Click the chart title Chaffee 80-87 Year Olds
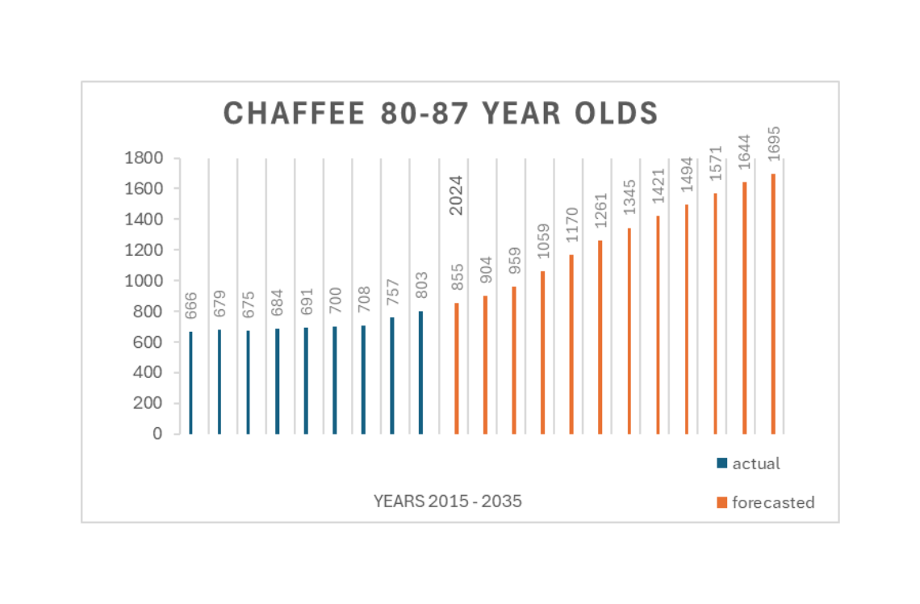pos(441,114)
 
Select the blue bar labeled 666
pos(190,383)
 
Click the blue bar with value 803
pos(421,372)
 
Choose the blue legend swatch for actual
pos(721,463)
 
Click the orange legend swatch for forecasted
pos(721,502)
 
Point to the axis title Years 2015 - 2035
pos(447,501)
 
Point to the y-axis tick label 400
pos(148,373)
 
